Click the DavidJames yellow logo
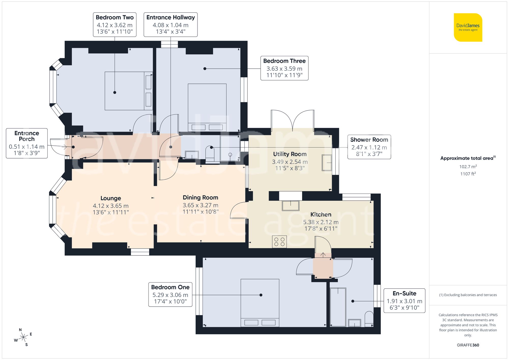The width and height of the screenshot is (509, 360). [x=468, y=27]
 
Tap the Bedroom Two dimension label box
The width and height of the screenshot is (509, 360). [x=115, y=25]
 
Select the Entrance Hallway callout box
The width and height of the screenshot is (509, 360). [x=171, y=25]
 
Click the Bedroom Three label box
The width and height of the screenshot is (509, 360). [x=284, y=68]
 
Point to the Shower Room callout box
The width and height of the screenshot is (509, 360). [x=369, y=147]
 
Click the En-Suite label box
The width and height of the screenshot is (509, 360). [x=404, y=301]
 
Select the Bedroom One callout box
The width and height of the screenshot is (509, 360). [x=170, y=295]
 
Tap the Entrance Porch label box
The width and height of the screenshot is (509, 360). [x=27, y=143]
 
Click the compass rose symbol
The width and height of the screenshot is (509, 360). [x=23, y=338]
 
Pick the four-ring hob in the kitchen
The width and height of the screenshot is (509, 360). [x=279, y=242]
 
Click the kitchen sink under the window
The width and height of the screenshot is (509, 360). [x=290, y=206]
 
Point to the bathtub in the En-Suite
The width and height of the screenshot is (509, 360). [x=338, y=307]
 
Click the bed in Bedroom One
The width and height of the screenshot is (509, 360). [x=260, y=303]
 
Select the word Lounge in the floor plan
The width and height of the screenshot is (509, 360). [x=111, y=198]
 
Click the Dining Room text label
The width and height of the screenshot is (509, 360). [x=200, y=197]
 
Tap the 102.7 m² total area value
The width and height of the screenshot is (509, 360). [x=468, y=167]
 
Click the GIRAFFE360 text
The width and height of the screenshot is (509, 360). [x=468, y=345]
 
